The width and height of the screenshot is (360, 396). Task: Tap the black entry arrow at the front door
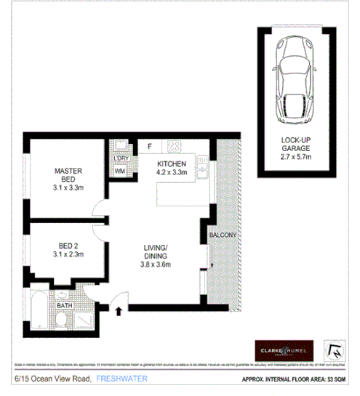coord(119,310)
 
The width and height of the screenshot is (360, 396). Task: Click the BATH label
coord(65,306)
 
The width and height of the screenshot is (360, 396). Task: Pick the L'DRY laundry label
coord(119,159)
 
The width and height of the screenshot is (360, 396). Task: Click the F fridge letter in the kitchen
coord(149,147)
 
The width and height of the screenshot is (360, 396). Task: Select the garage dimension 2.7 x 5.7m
coord(296,156)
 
